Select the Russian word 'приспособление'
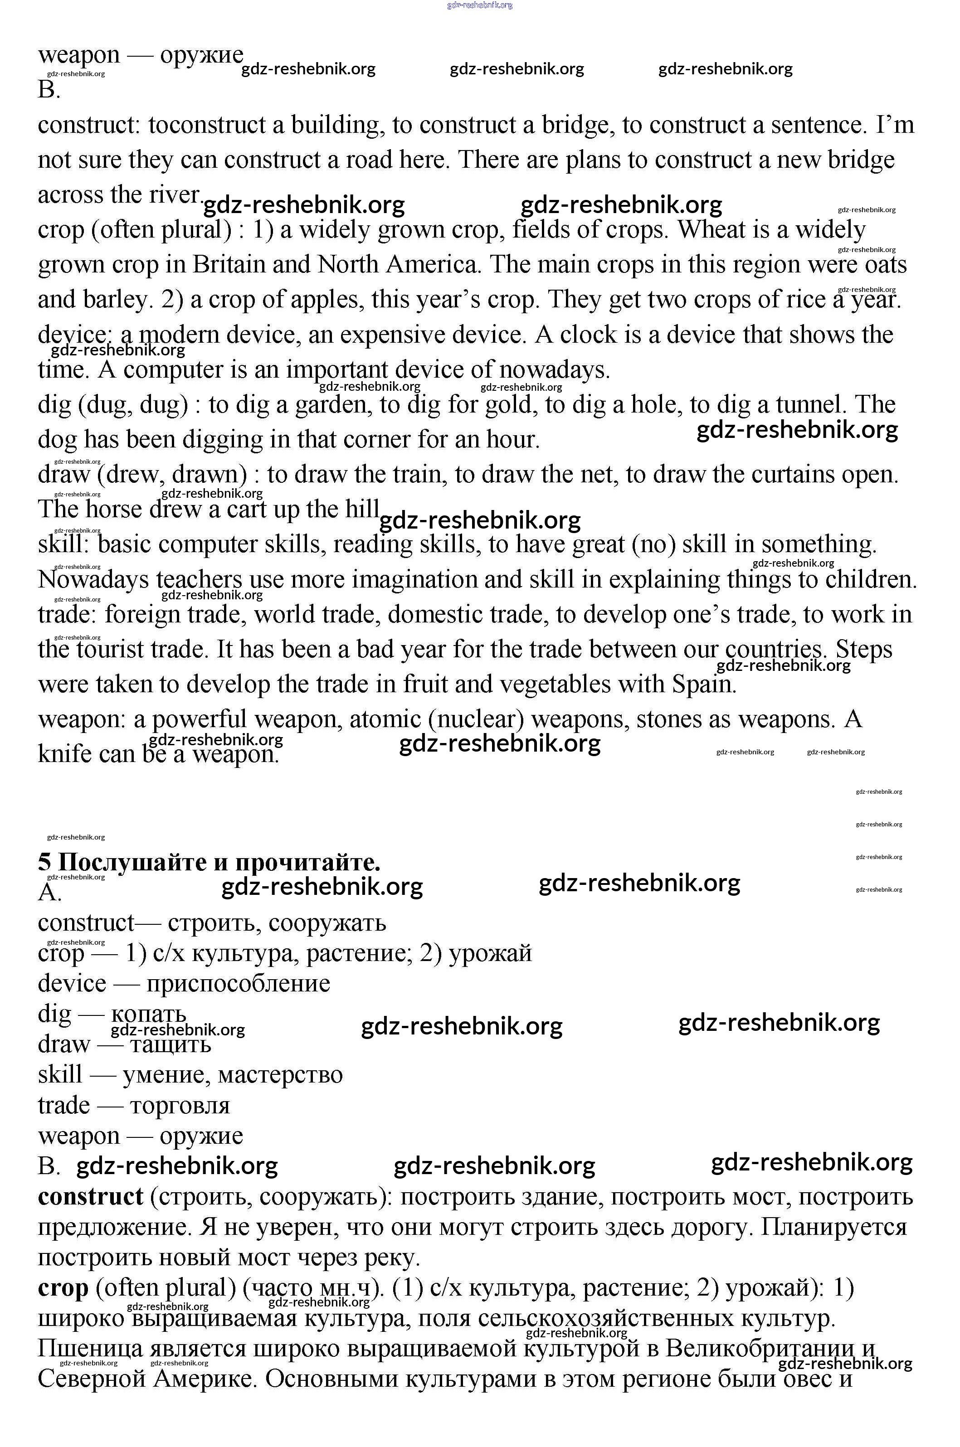[x=238, y=984]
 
